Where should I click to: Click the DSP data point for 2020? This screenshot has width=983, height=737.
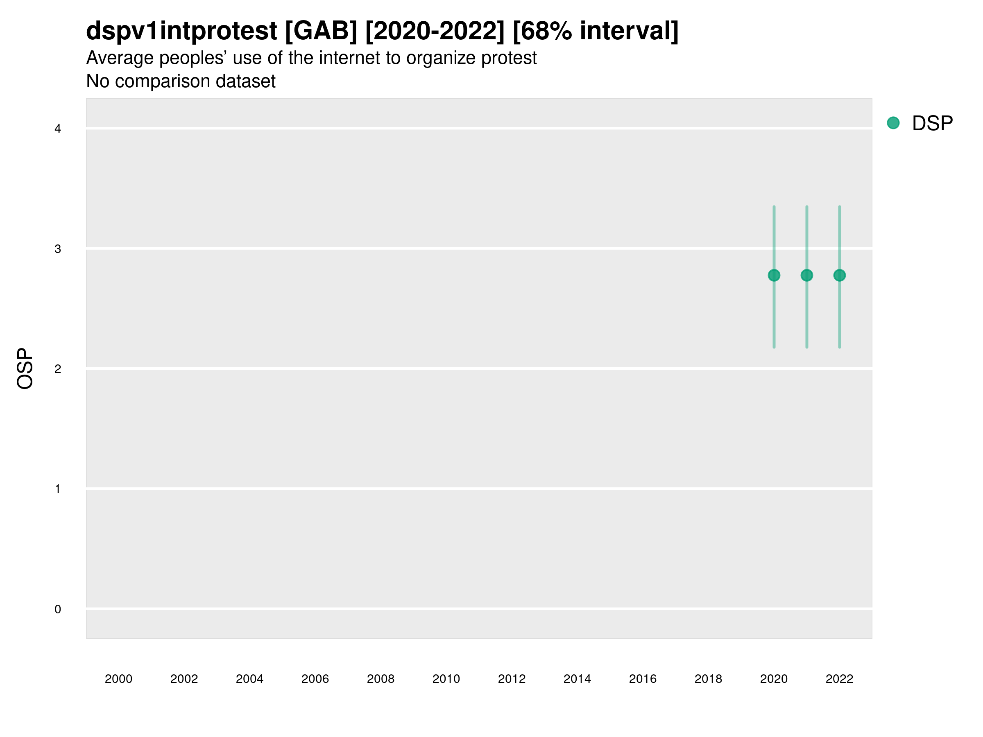774,276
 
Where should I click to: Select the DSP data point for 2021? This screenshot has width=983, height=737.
806,276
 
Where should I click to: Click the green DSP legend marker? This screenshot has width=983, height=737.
893,123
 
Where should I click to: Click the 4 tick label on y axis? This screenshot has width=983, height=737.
58,129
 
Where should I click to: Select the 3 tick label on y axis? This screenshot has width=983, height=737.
58,249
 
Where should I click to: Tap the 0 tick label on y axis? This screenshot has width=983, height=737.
58,609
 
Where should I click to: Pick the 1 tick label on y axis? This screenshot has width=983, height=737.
58,489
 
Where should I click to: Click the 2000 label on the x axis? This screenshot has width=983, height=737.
118,679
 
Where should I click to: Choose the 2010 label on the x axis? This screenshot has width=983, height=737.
446,679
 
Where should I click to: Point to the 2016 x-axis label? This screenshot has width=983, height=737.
643,679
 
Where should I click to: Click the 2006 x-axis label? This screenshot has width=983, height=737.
315,679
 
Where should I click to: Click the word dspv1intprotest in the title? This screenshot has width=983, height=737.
181,31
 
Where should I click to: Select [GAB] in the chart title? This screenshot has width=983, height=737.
321,31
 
